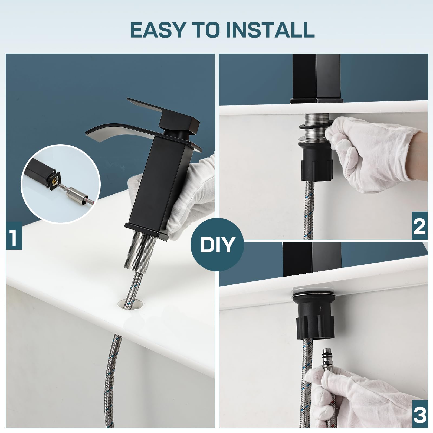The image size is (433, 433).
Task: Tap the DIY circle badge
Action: tap(217, 244)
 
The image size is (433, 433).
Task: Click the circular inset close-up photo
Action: tap(61, 184)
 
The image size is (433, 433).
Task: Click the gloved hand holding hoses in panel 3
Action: tap(360, 396)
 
